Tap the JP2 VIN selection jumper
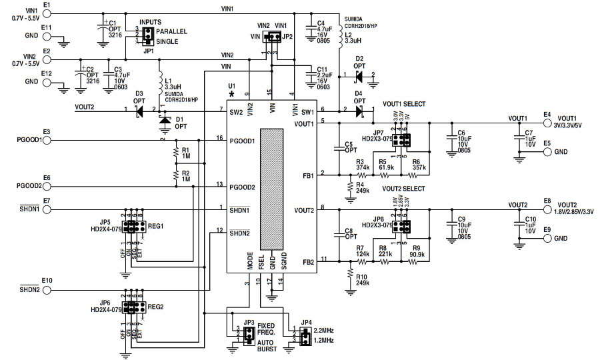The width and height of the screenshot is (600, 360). [271, 37]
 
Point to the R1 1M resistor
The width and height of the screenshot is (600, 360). [176, 153]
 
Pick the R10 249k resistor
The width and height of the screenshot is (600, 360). [349, 275]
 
